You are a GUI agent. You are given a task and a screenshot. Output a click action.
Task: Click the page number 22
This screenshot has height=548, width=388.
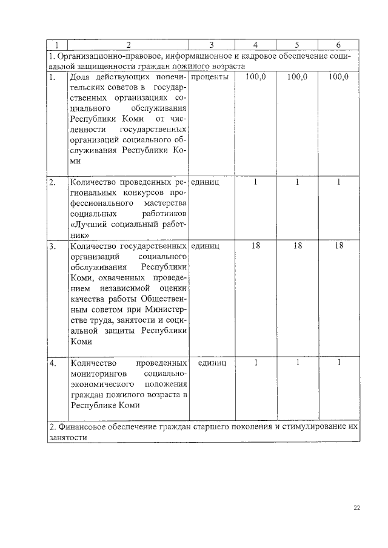click(x=357, y=508)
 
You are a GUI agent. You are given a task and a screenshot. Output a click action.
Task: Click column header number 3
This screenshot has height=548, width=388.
click(x=211, y=45)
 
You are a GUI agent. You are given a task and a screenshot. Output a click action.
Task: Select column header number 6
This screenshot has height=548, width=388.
click(x=338, y=45)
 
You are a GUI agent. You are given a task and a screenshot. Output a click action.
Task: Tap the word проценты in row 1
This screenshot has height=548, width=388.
click(x=209, y=78)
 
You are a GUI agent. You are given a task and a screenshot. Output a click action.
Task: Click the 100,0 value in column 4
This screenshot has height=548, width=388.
click(x=256, y=78)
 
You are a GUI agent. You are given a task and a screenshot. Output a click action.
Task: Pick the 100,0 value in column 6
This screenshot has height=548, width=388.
click(x=338, y=78)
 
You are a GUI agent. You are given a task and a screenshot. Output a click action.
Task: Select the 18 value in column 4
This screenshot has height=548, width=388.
click(x=256, y=246)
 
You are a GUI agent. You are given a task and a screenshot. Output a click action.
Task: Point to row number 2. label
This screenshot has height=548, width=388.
click(x=53, y=182)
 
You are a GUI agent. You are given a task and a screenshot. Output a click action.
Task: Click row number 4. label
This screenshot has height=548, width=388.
click(x=53, y=363)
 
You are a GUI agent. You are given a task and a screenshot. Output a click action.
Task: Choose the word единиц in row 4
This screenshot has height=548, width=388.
click(x=211, y=363)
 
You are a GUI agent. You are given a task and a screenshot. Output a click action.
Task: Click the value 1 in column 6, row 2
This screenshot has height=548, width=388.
click(x=339, y=182)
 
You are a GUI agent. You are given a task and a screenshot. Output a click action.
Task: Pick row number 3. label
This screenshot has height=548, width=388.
click(x=53, y=246)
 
